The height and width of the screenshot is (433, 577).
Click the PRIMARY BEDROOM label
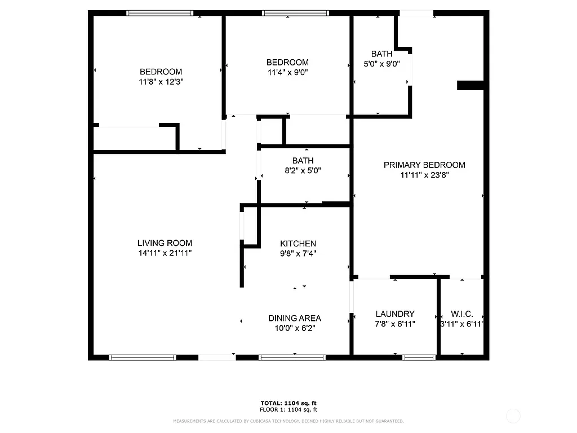[424, 165]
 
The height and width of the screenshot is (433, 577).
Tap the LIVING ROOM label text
[165, 243]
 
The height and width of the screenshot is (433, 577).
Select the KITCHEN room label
[298, 244]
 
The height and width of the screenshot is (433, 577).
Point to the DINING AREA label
[295, 319]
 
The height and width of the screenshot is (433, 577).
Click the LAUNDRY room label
[395, 314]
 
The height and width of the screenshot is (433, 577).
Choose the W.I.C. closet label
[461, 314]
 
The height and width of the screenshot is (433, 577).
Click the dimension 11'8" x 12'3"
[161, 82]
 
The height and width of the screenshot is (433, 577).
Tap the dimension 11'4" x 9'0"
[287, 72]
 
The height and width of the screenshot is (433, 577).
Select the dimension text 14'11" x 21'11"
[165, 253]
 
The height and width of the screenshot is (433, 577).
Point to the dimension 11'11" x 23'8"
[424, 175]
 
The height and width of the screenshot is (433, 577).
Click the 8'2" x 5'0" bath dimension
[303, 170]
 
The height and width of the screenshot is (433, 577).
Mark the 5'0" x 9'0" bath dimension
[381, 64]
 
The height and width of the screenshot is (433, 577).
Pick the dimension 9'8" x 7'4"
[298, 254]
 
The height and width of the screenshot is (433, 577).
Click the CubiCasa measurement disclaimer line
[288, 421]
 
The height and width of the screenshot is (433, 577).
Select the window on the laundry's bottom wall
[419, 357]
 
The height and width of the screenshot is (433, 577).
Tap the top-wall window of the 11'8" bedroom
[160, 13]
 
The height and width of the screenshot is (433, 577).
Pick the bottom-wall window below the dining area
[292, 357]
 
